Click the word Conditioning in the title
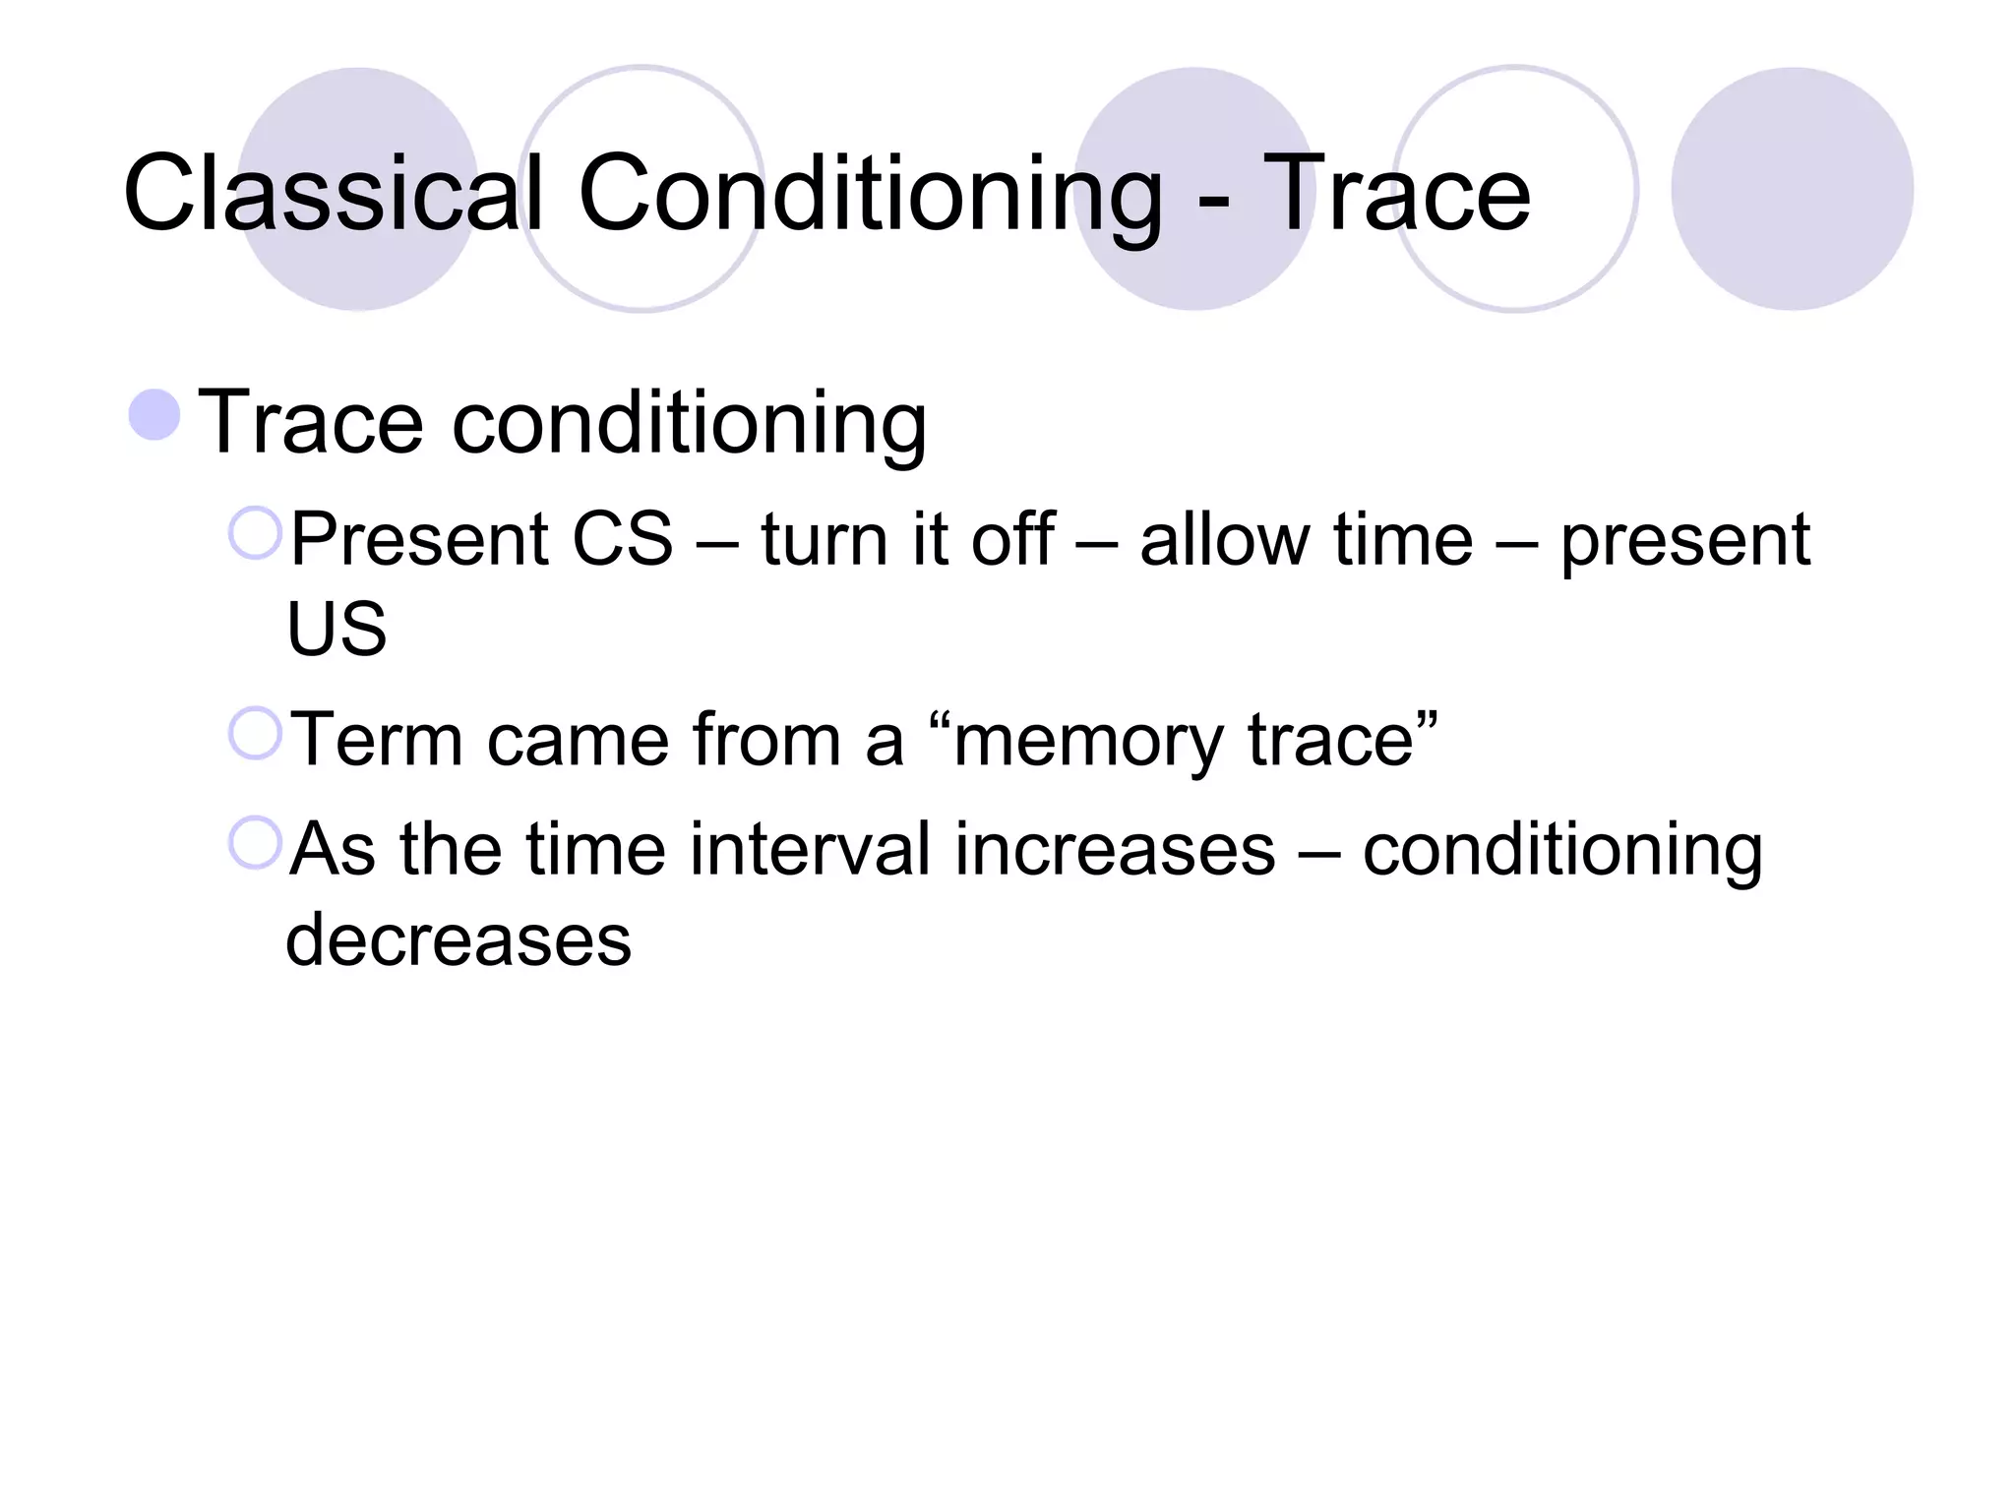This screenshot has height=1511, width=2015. (871, 195)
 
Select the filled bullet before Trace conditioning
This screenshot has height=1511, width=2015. (154, 414)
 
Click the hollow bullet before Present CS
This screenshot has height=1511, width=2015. (255, 533)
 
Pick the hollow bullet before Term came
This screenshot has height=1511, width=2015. (255, 733)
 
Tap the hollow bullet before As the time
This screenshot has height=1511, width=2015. (255, 843)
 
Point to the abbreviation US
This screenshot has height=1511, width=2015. (336, 629)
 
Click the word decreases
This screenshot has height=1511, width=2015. (458, 940)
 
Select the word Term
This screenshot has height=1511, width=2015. (377, 740)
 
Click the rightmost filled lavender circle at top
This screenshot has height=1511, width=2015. (1792, 189)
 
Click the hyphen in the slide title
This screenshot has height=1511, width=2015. (1214, 202)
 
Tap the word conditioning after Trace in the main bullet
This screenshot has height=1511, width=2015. (689, 425)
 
